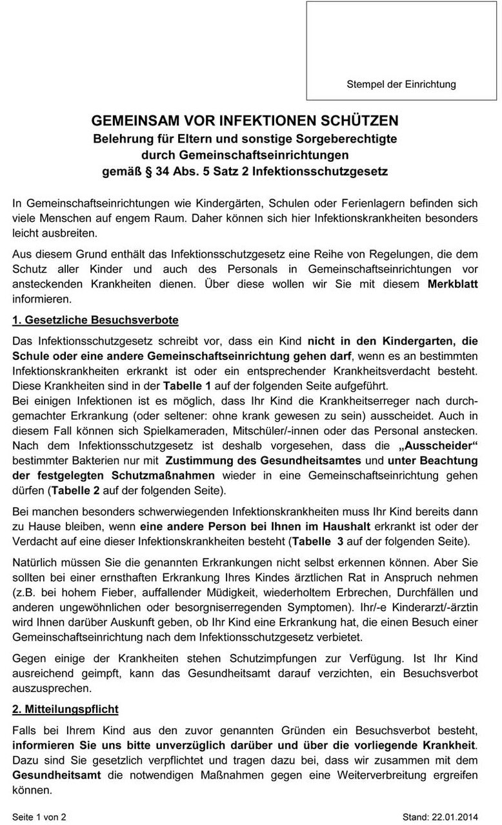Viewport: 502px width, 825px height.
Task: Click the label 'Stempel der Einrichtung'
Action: click(401, 84)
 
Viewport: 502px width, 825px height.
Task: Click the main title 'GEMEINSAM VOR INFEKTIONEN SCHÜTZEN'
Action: click(245, 121)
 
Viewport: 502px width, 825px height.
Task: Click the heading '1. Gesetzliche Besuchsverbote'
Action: click(95, 319)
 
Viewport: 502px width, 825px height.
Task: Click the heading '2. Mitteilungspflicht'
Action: click(65, 709)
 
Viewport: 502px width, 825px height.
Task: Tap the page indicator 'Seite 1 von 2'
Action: click(39, 817)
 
